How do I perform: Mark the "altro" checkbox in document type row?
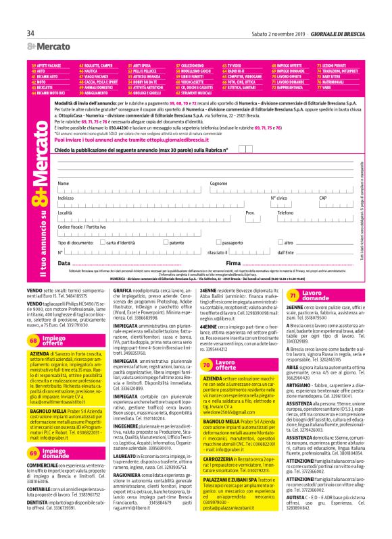(x=280, y=242)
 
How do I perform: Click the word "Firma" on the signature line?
(x=233, y=262)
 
